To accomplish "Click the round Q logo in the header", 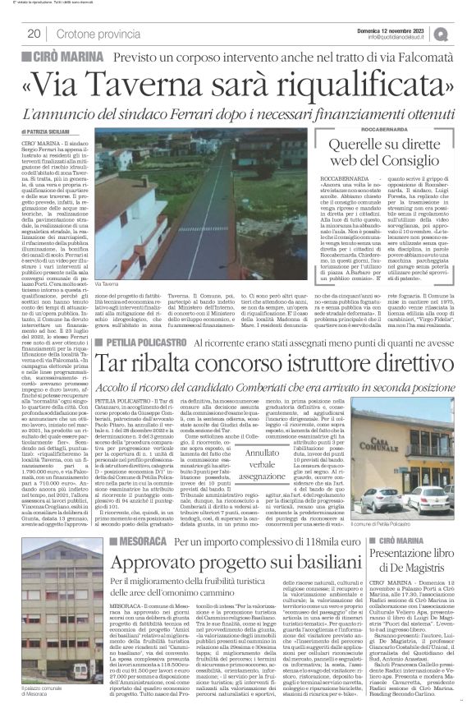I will click(x=465, y=33).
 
